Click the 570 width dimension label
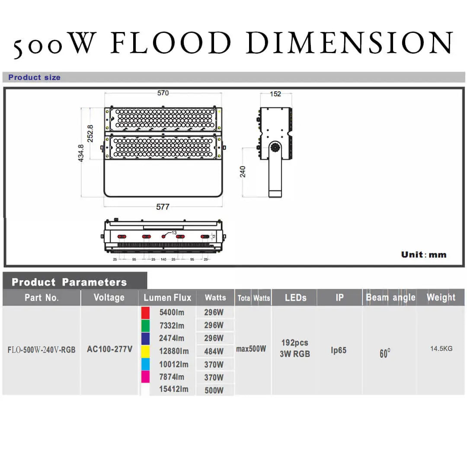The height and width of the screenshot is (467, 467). tap(163, 93)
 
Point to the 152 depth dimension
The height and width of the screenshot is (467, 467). tap(275, 94)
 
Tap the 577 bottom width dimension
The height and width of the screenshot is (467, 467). tap(163, 207)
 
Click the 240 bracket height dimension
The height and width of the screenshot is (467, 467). tap(243, 172)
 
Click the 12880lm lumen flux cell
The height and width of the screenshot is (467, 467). tap(174, 352)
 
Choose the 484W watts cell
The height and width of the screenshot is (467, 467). tap(214, 352)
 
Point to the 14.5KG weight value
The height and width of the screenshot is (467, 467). tap(441, 349)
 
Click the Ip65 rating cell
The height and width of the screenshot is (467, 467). tap(339, 350)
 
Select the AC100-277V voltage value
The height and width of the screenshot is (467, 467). tap(109, 349)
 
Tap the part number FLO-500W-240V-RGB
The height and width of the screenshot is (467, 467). tap(42, 349)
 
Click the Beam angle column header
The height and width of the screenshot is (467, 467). tap(390, 297)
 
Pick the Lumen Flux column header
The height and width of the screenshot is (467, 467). tap(167, 297)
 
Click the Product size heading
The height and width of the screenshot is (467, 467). tap(35, 77)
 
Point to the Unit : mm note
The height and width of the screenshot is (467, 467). tap(423, 254)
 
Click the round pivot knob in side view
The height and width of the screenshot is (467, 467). tap(274, 148)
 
